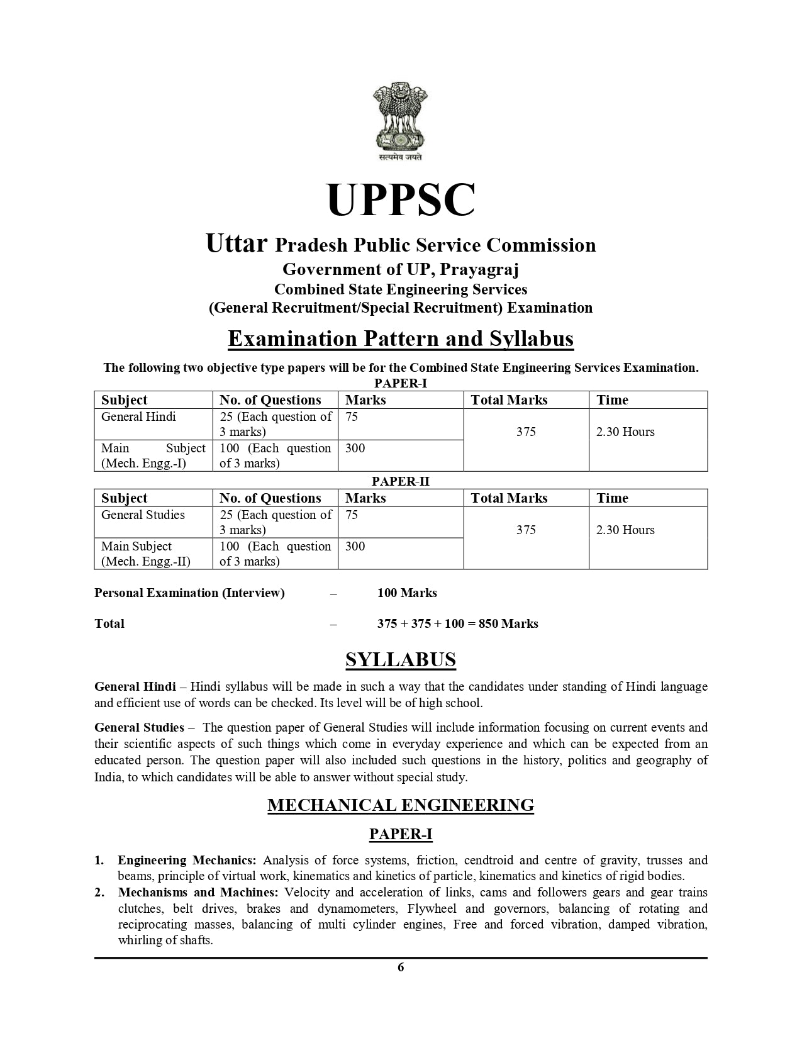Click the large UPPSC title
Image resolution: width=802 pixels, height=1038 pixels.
pyautogui.click(x=401, y=199)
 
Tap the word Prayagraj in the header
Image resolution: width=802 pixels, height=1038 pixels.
pyautogui.click(x=479, y=269)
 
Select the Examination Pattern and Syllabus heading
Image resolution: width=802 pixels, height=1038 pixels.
pyautogui.click(x=401, y=339)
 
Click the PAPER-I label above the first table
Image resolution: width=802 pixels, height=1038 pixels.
pyautogui.click(x=401, y=383)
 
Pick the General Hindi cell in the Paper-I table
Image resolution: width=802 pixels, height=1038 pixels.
pyautogui.click(x=138, y=417)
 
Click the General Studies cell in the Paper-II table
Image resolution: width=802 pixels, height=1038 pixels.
pyautogui.click(x=143, y=515)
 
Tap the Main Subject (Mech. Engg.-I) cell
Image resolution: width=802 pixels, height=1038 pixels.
pyautogui.click(x=153, y=456)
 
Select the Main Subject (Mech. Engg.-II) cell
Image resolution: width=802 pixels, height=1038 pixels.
pyautogui.click(x=145, y=554)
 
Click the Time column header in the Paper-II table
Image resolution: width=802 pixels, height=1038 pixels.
pyautogui.click(x=612, y=498)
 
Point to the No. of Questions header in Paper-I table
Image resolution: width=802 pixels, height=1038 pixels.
pyautogui.click(x=270, y=400)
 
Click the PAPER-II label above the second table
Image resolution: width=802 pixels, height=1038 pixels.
pyautogui.click(x=401, y=481)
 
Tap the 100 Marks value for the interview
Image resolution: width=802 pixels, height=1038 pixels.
pyautogui.click(x=407, y=593)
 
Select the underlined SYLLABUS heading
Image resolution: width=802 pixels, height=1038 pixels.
pyautogui.click(x=401, y=660)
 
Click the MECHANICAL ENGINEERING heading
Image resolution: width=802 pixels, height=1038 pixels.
pyautogui.click(x=401, y=805)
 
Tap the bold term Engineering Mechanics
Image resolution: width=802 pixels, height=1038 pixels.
pyautogui.click(x=187, y=860)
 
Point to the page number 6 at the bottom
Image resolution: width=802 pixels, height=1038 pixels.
pyautogui.click(x=401, y=968)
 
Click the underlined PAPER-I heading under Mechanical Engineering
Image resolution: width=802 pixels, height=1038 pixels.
pyautogui.click(x=401, y=834)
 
